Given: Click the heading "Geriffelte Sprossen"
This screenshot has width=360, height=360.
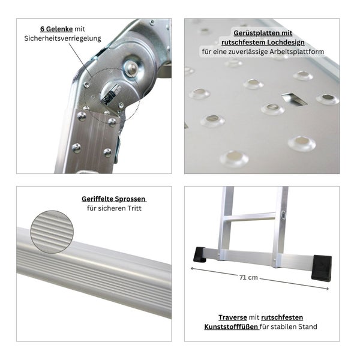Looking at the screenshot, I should coord(114,199).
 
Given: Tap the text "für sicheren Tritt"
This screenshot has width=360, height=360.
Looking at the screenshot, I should coord(114,208).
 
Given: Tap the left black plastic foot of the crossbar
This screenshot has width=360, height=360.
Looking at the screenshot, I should coord(200,255).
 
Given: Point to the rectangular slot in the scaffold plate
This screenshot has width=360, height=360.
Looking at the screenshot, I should coord(294,98).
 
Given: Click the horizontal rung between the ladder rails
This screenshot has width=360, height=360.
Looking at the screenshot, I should coord(251,216).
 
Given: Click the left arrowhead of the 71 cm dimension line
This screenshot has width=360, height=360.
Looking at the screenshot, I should coord(193,268).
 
